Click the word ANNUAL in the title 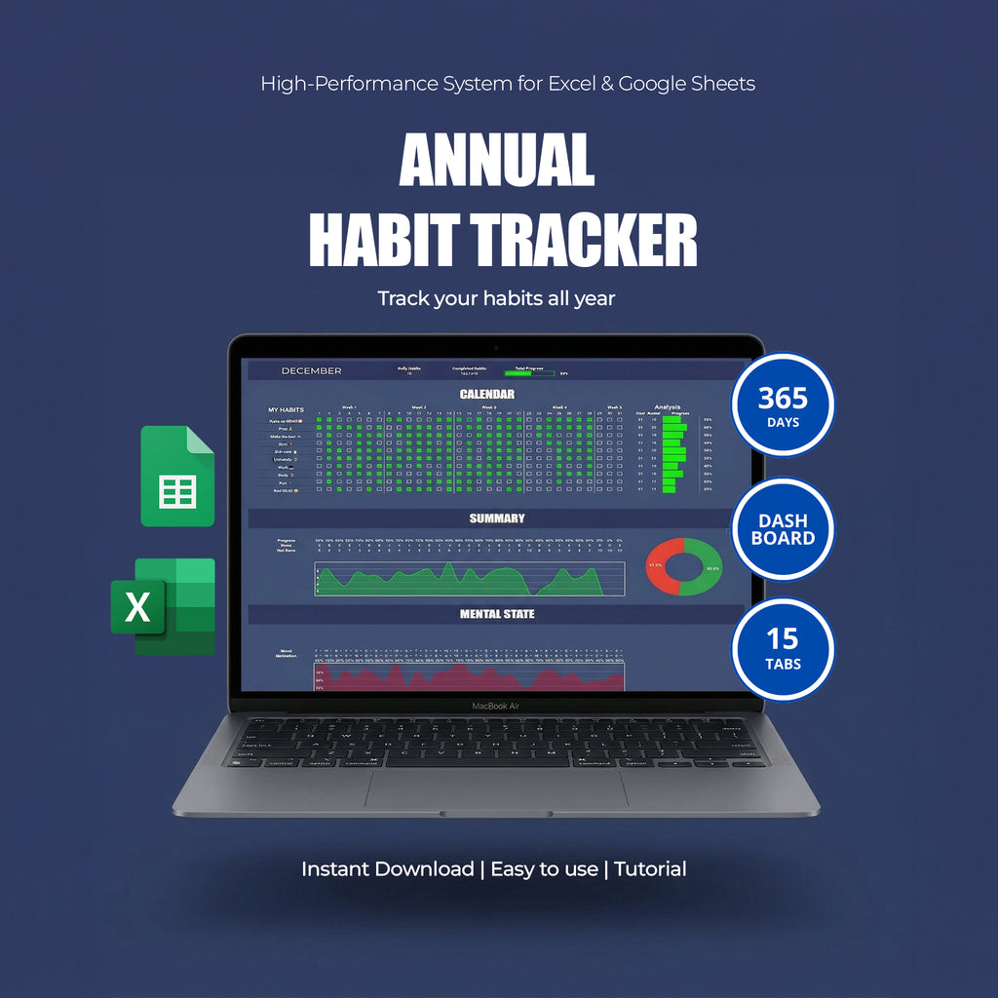click(497, 159)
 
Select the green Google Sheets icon click(177, 477)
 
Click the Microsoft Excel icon click(163, 605)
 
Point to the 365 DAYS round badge click(784, 403)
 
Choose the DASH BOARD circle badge click(784, 529)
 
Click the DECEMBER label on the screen click(311, 370)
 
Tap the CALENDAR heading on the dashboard click(487, 394)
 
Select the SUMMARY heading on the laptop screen click(496, 518)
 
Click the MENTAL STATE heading click(497, 614)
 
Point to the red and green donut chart click(683, 566)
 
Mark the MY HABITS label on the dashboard click(286, 409)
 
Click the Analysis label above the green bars click(668, 407)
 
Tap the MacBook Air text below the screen click(497, 706)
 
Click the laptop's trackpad click(496, 788)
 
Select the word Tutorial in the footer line click(650, 868)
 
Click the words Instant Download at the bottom click(387, 868)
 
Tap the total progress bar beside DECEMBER click(529, 372)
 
